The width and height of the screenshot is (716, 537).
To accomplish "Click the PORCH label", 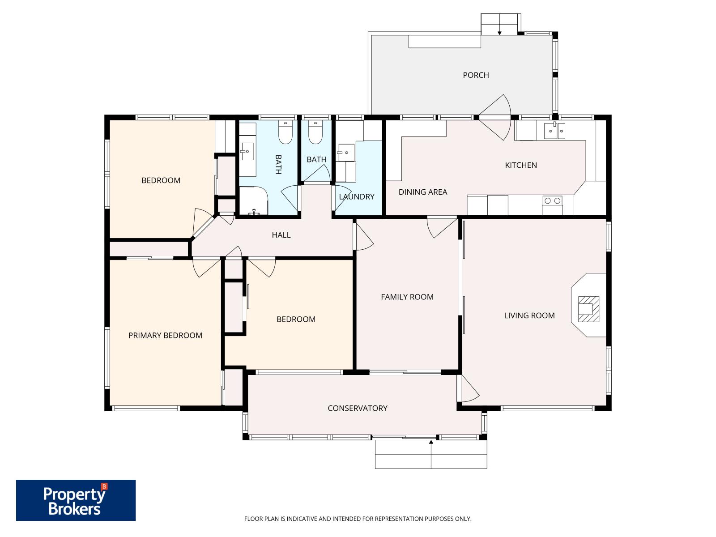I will tap(476, 75).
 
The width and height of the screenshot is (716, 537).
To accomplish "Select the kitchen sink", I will tap(554, 131).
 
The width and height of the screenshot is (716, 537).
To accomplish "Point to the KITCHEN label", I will tap(521, 165).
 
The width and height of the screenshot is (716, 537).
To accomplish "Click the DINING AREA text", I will tap(423, 192).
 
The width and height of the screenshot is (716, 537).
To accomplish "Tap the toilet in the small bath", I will tap(315, 133).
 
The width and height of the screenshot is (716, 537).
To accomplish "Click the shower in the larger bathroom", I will tap(253, 201).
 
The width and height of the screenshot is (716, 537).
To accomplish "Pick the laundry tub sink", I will tap(345, 153).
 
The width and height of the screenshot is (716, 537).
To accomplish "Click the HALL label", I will tap(281, 235).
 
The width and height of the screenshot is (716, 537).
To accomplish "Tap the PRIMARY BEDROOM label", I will tap(165, 336).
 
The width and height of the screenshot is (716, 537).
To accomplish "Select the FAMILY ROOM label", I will tap(407, 297).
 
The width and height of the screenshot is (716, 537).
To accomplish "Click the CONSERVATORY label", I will tap(358, 408).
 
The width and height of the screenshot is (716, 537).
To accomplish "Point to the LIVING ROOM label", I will tap(529, 315).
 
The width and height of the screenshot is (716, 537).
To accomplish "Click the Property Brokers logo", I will tap(76, 500).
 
